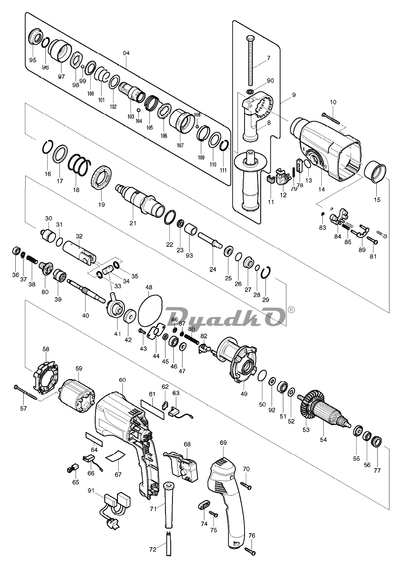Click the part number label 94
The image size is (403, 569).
[x=126, y=53]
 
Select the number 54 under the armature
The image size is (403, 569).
[x=323, y=440]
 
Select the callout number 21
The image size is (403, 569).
[x=133, y=223]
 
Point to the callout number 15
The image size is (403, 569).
[x=377, y=200]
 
